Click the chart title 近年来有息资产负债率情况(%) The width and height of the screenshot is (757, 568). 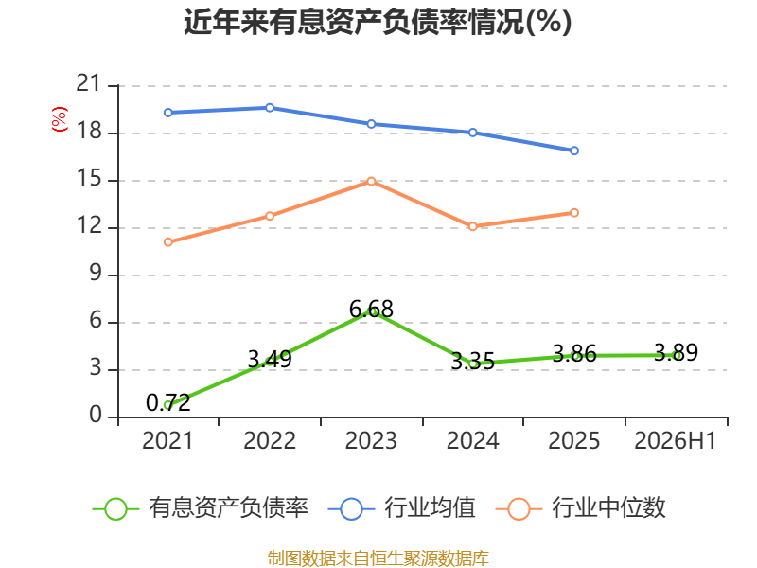(378, 22)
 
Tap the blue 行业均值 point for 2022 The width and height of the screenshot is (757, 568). (270, 108)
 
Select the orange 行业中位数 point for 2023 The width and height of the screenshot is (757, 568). (371, 181)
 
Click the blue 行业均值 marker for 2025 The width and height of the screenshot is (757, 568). (574, 151)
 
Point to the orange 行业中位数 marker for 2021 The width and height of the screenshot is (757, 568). (168, 242)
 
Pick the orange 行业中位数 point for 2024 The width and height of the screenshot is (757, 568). (472, 226)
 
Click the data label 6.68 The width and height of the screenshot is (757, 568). (371, 310)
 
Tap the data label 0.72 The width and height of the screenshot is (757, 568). (168, 403)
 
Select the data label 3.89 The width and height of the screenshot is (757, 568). (676, 352)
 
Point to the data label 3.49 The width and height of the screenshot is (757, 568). (270, 360)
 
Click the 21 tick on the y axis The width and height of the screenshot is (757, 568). (88, 83)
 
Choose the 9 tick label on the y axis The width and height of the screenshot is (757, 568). (96, 274)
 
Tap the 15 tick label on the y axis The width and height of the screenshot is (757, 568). (88, 179)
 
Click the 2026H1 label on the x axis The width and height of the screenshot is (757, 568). (675, 440)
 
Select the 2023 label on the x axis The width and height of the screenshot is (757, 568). (371, 440)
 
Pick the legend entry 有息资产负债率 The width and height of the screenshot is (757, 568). (201, 508)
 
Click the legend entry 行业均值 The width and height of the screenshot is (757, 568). (401, 508)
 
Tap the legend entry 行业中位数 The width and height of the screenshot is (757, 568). (581, 508)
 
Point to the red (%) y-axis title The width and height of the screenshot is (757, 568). (60, 119)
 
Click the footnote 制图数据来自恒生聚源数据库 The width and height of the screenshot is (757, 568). (378, 559)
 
